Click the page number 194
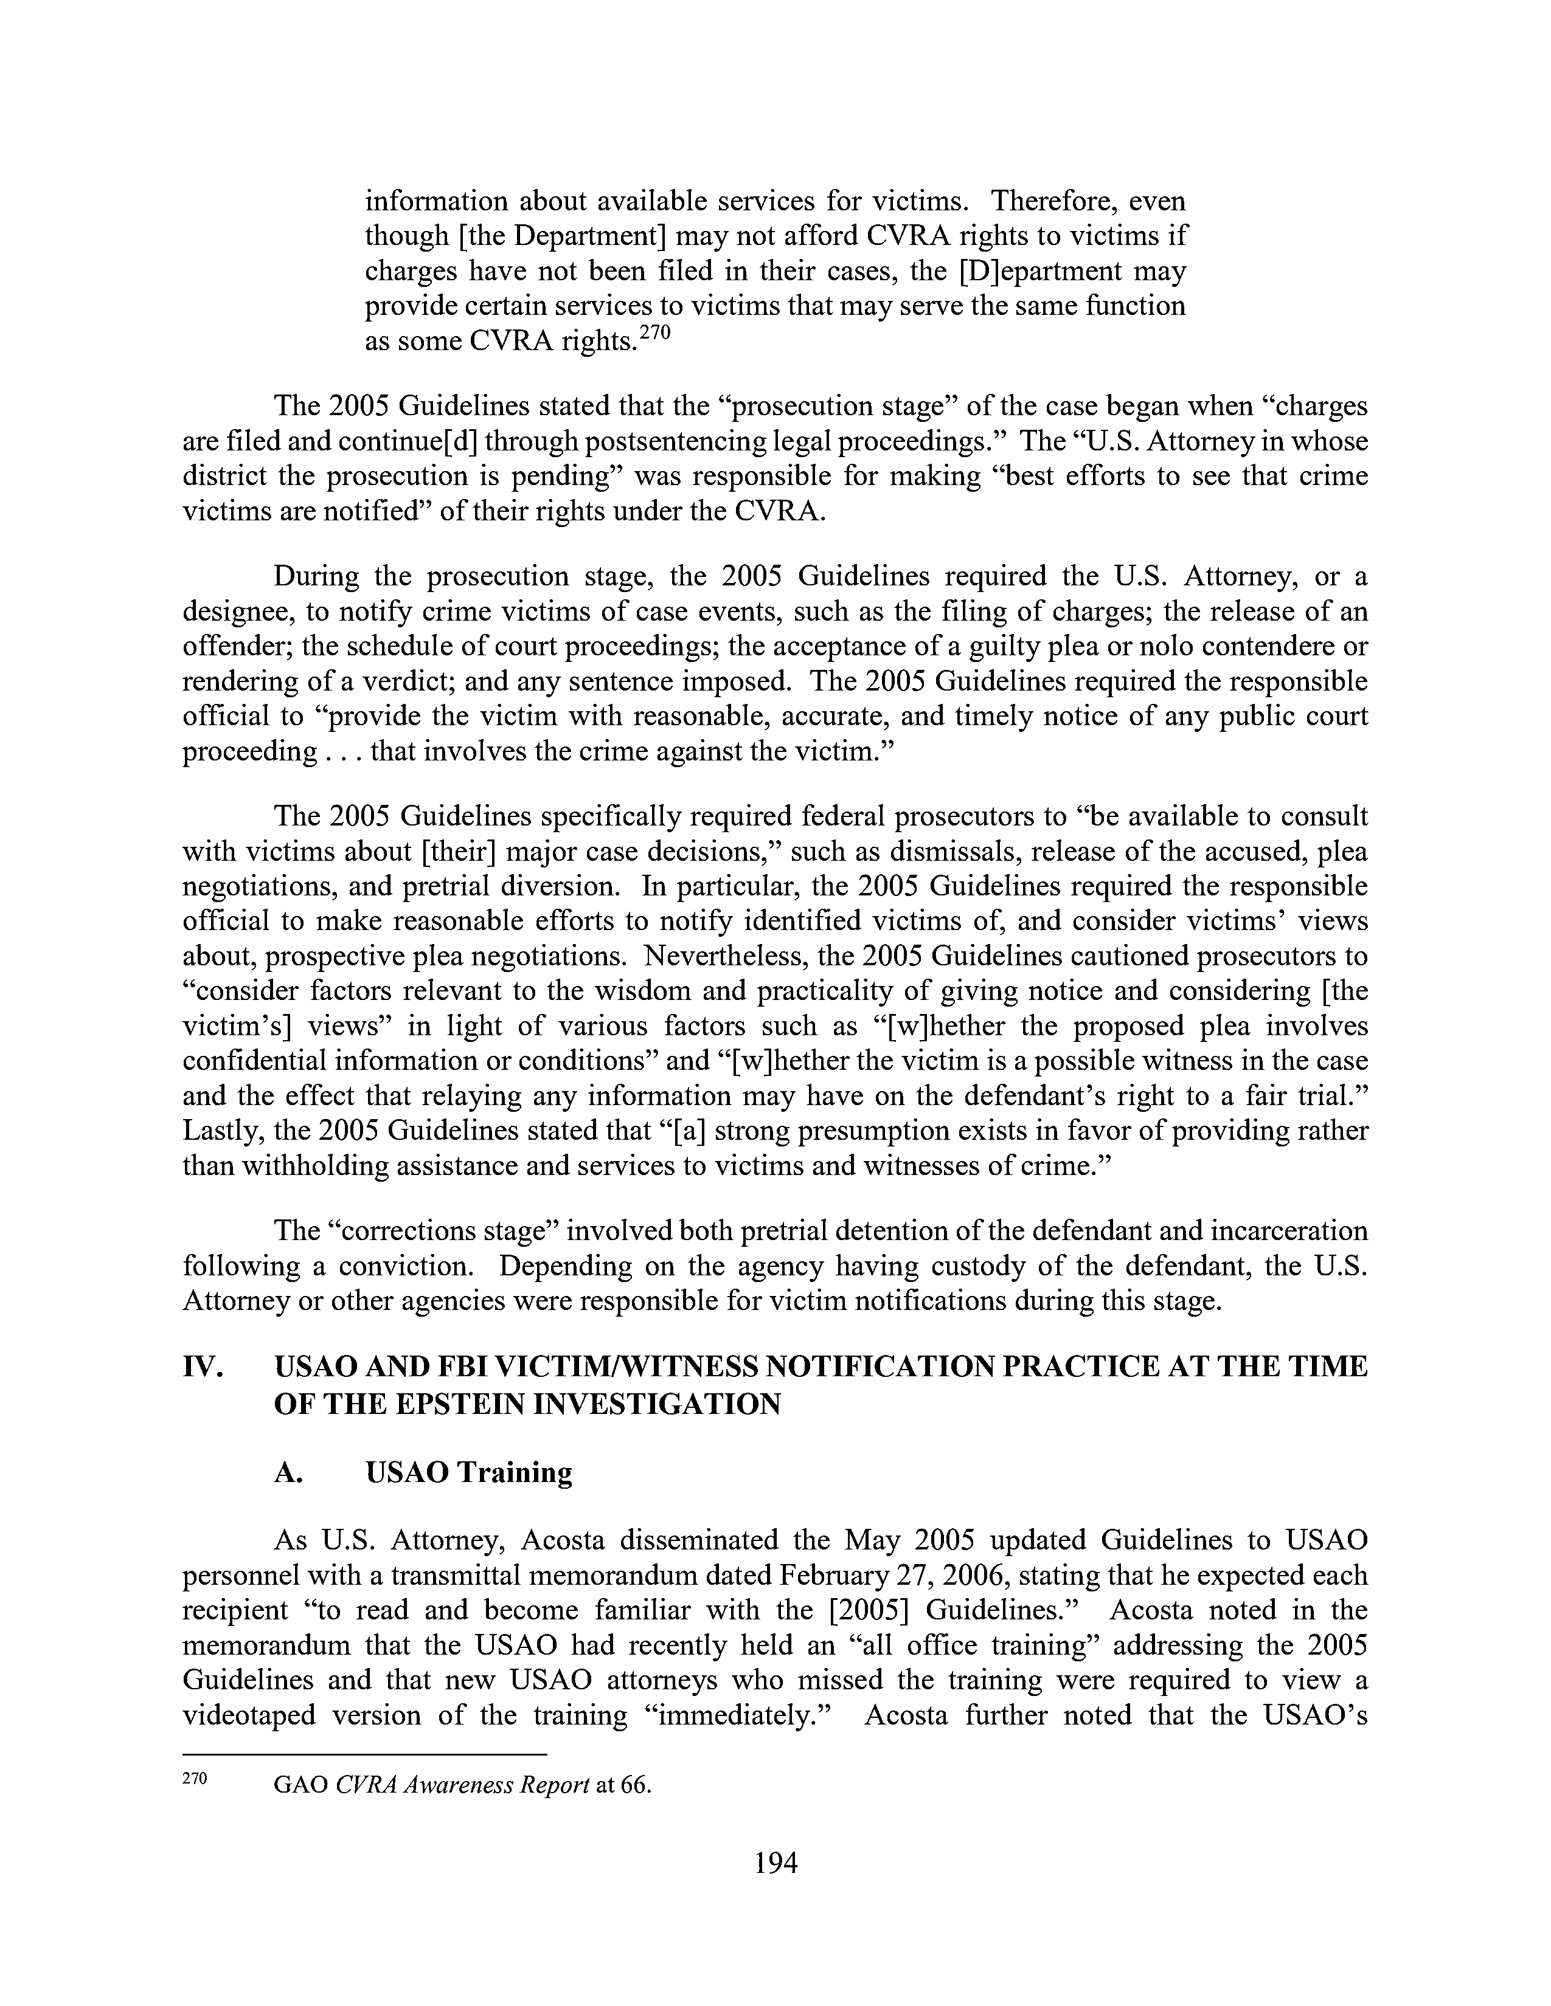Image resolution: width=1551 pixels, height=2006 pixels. (774, 1863)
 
